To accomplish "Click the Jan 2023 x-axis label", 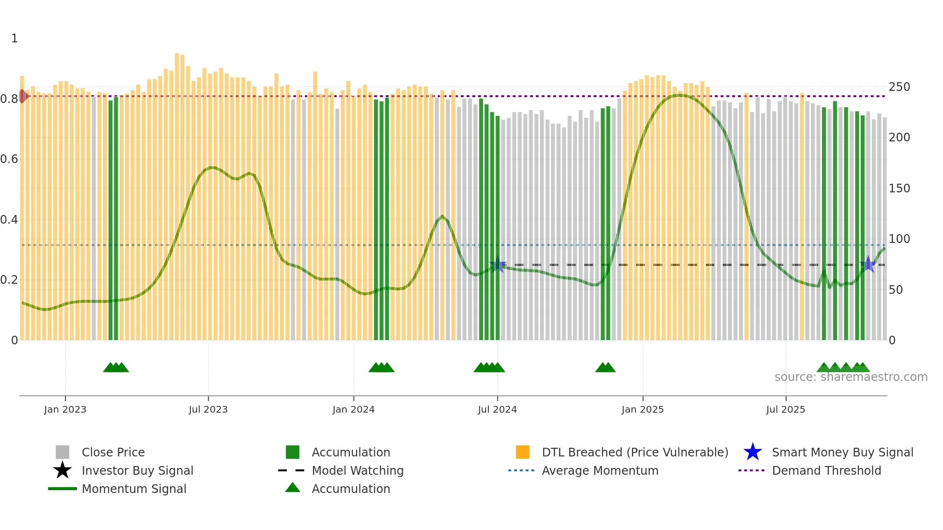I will click(65, 409).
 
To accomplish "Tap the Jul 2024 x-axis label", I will click(497, 409).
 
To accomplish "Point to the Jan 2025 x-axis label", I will click(642, 409).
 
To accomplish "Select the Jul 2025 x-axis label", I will click(785, 409).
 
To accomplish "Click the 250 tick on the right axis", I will click(899, 87).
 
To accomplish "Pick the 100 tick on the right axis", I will click(899, 239).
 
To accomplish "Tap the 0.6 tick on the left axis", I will click(9, 159).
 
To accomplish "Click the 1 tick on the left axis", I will click(14, 38).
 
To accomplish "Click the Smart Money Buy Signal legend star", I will click(752, 452).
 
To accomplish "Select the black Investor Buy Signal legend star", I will click(63, 470).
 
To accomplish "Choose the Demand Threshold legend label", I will click(826, 470).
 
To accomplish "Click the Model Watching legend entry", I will click(357, 470).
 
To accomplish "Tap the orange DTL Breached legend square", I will click(522, 452).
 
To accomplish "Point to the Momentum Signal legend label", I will click(134, 489).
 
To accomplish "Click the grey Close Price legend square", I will click(63, 452).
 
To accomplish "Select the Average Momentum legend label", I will click(600, 470).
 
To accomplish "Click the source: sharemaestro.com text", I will click(851, 377).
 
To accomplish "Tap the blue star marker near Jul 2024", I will click(498, 265).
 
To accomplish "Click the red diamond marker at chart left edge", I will click(22, 96).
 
